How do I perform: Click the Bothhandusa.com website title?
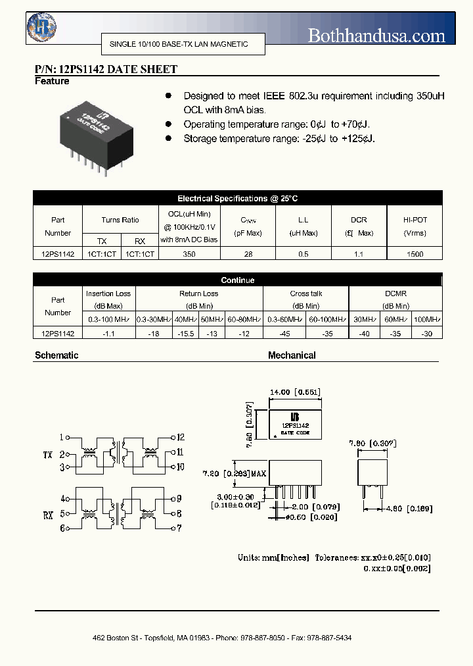click(x=376, y=36)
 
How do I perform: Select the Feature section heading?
click(x=51, y=81)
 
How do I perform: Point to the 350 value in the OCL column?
click(x=189, y=253)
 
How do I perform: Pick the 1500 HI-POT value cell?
click(x=415, y=253)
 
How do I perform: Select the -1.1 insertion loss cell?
click(x=108, y=334)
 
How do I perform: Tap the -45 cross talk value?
click(x=284, y=334)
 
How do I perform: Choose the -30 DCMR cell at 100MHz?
click(x=426, y=334)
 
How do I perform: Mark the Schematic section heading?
click(x=56, y=355)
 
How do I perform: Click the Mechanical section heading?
click(x=292, y=355)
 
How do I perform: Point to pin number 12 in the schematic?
click(x=180, y=437)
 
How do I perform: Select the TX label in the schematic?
click(x=47, y=454)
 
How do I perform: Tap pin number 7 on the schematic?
click(x=179, y=528)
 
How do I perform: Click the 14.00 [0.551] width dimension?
click(x=294, y=392)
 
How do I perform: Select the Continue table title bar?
click(x=237, y=280)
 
